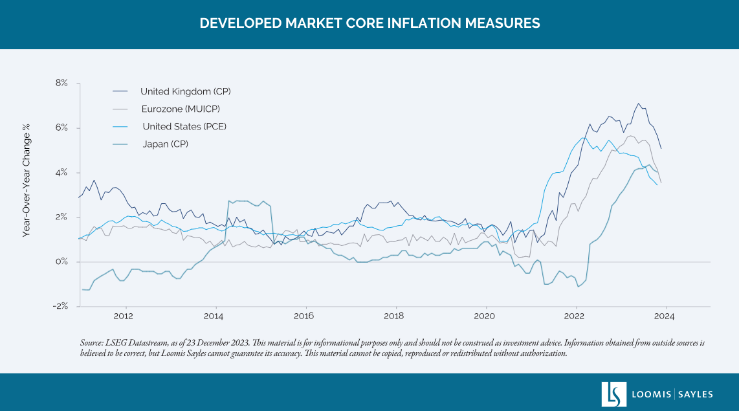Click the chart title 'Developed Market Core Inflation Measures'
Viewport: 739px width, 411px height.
[x=369, y=23]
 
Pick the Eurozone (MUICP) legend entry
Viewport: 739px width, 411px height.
[x=185, y=109]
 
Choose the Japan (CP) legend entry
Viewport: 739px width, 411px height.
[x=165, y=144]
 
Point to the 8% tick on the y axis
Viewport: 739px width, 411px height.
[x=62, y=83]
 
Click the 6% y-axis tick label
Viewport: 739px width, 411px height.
[x=62, y=128]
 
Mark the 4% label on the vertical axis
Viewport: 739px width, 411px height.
[x=62, y=173]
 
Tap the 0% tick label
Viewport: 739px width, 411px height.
[x=62, y=262]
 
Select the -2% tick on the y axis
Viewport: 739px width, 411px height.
[x=61, y=306]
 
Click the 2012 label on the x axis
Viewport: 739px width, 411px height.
[x=123, y=317]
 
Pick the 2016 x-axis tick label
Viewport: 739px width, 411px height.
[x=303, y=317]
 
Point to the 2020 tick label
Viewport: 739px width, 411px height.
[x=484, y=317]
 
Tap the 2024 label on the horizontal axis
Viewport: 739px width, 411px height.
[x=665, y=317]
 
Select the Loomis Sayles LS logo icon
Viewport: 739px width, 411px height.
[x=613, y=394]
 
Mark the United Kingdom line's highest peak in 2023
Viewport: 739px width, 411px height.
[x=639, y=103]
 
